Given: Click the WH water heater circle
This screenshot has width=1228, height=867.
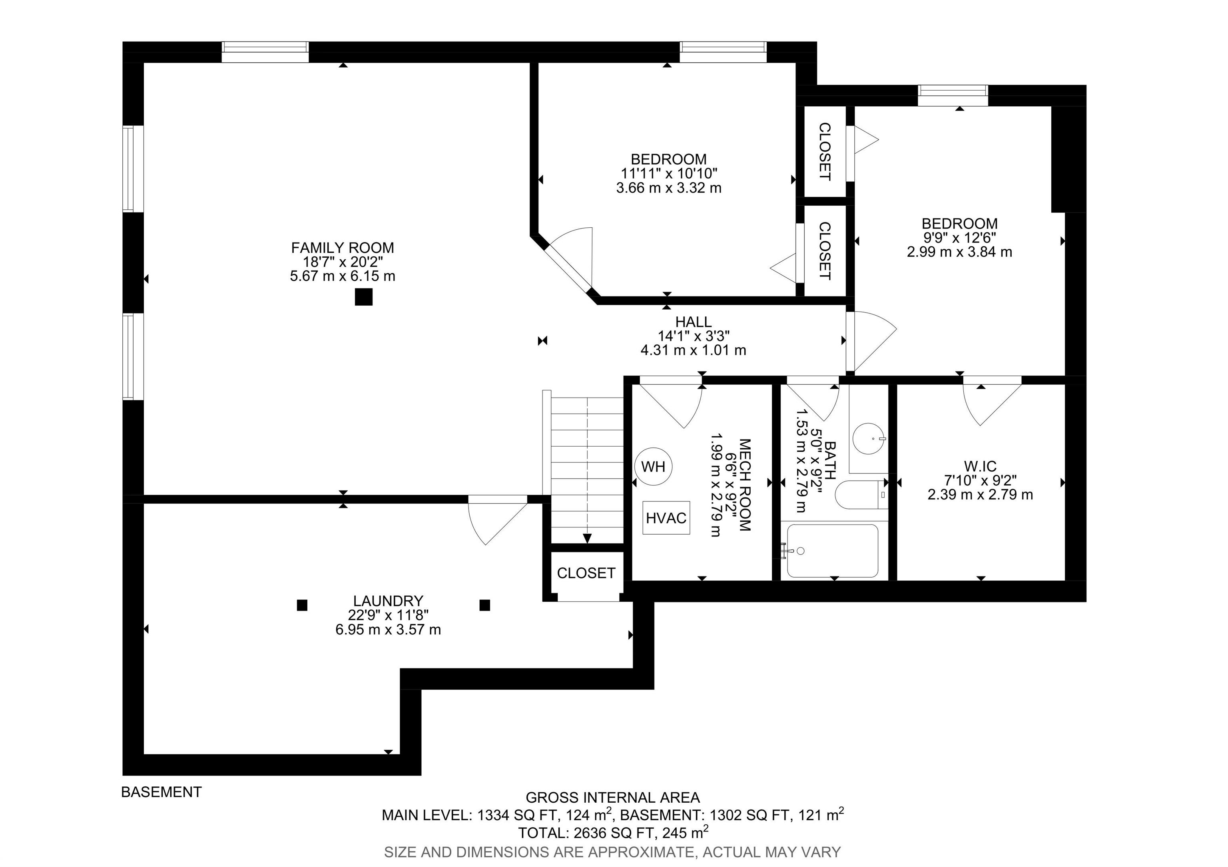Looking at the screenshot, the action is [x=653, y=467].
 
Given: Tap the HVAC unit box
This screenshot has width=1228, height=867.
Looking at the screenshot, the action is [x=666, y=517].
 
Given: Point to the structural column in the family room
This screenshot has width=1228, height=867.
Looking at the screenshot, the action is [x=364, y=297].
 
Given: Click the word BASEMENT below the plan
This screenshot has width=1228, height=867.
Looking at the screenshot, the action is [x=161, y=792].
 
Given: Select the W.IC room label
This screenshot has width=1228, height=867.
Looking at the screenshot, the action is [x=981, y=466].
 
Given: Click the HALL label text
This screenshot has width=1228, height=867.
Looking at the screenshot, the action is [x=693, y=322].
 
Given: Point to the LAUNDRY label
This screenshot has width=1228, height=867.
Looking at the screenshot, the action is [x=388, y=601].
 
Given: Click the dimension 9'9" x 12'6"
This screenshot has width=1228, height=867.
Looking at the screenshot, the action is [x=959, y=237].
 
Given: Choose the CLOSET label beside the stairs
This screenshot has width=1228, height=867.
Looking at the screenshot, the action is [x=586, y=573].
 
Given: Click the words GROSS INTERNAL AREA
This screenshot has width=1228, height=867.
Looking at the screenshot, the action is [x=613, y=797].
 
